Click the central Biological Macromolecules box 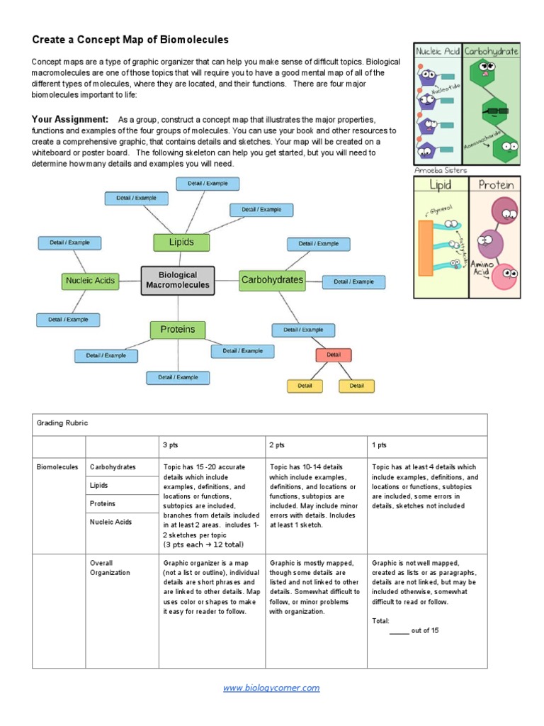pos(178,280)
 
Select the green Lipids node pos(181,242)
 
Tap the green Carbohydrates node pos(272,280)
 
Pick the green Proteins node pos(177,330)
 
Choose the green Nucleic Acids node pos(90,281)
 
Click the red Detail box pos(334,355)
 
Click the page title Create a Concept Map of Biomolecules pos(130,40)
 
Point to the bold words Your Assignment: pos(70,119)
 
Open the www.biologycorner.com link pos(271,688)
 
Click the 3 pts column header pos(171,445)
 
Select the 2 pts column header pos(277,445)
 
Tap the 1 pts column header pos(379,445)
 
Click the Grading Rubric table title pos(62,423)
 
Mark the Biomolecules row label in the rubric pos(57,467)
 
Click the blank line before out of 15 pos(399,631)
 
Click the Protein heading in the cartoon pos(496,185)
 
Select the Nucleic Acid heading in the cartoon pos(438,52)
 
